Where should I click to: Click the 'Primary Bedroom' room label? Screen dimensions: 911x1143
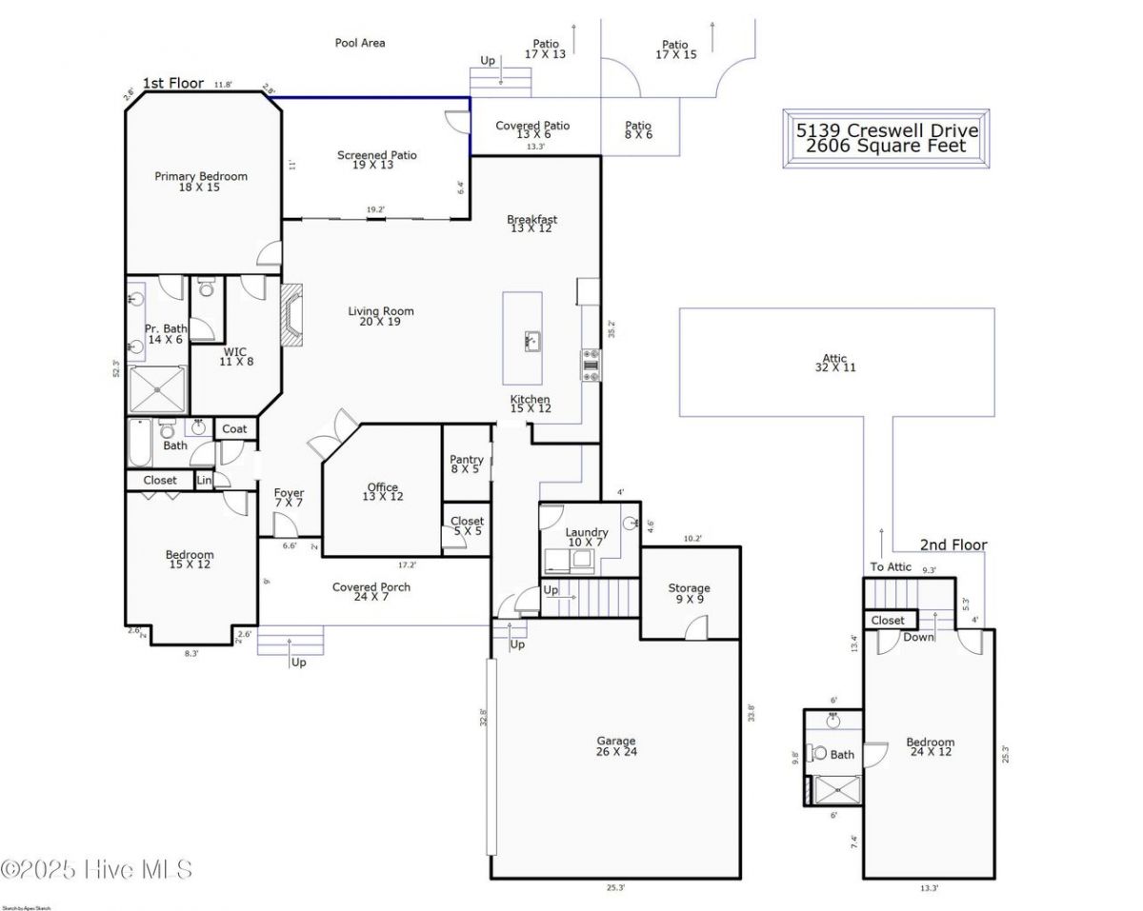tap(201, 176)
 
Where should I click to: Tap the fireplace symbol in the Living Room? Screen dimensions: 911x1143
tap(291, 314)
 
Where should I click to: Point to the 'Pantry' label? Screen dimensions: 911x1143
tap(466, 460)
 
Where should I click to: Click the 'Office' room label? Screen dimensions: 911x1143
tap(383, 488)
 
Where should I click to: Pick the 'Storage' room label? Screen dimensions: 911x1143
tap(689, 588)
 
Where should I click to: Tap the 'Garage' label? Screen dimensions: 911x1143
tap(616, 742)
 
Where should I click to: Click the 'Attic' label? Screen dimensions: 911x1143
tap(835, 359)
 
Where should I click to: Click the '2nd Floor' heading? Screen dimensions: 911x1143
tap(952, 545)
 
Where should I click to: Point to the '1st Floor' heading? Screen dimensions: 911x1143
tap(172, 84)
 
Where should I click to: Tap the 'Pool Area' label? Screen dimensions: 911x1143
tap(360, 43)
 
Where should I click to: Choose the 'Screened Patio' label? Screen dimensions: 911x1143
tap(377, 155)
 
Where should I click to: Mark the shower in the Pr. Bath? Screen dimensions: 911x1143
tap(158, 388)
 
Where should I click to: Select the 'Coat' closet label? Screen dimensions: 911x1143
tap(234, 429)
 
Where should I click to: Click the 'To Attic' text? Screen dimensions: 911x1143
tap(891, 567)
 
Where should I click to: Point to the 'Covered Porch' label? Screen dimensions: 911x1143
tap(371, 587)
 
